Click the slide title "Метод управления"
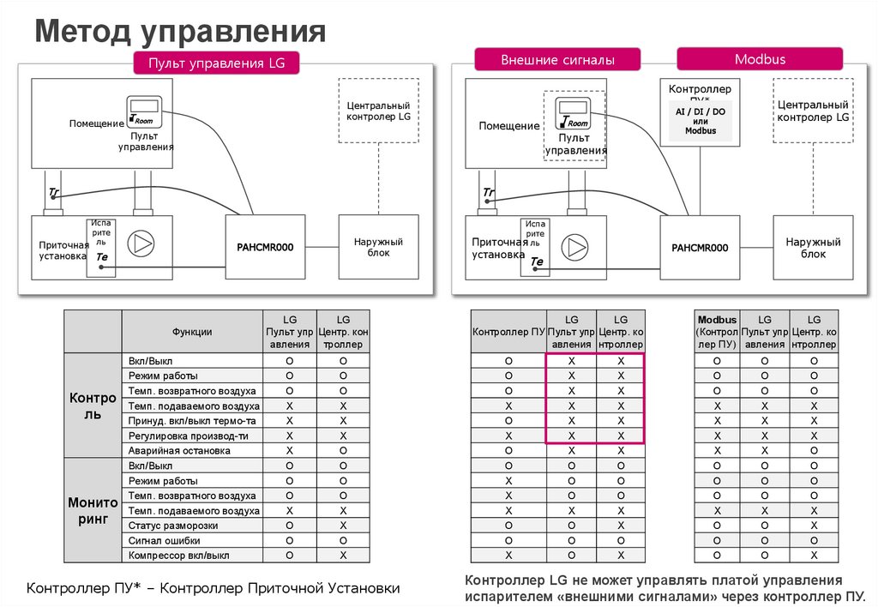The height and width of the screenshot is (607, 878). (180, 32)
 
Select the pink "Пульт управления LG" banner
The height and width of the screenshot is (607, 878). (216, 63)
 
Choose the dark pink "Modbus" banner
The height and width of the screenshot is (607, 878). (760, 59)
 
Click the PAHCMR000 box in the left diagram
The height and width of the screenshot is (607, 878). (265, 247)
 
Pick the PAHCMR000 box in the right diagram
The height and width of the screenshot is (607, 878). (700, 247)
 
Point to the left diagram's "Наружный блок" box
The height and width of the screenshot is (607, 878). (378, 247)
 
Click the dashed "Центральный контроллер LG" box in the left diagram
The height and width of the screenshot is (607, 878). (379, 110)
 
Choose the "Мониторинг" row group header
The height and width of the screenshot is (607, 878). (93, 510)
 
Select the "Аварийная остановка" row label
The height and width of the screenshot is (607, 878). (179, 450)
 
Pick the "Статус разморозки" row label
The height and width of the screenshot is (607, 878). (173, 525)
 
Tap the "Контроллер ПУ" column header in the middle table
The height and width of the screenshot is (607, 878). (508, 331)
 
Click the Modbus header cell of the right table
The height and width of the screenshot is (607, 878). (717, 331)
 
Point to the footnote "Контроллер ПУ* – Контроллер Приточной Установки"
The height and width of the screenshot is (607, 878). (213, 588)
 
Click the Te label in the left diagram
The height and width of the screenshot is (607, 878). (102, 257)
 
